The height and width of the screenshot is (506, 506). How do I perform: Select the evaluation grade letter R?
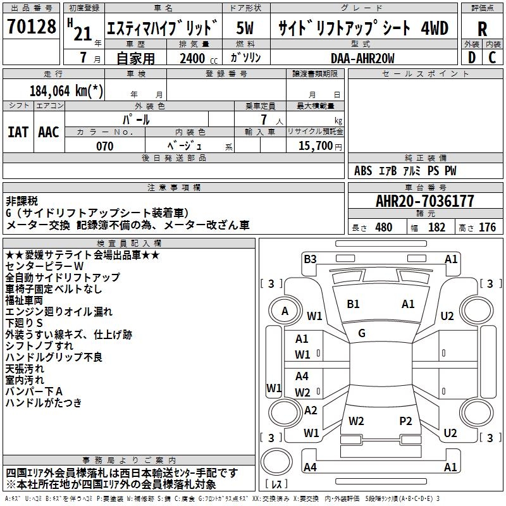482,29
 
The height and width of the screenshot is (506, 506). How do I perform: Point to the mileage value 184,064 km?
66,90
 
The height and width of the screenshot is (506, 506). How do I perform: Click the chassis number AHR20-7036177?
424,202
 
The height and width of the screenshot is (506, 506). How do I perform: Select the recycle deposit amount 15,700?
313,146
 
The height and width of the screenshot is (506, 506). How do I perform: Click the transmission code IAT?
18,132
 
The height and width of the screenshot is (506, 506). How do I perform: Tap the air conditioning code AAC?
48,132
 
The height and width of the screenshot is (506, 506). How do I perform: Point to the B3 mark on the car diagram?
310,259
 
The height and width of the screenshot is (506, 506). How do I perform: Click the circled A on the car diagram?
285,311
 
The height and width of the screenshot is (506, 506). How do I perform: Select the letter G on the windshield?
362,333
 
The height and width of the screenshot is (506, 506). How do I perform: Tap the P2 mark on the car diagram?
405,421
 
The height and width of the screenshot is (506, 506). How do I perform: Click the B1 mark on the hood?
353,304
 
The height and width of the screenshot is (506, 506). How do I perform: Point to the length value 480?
384,228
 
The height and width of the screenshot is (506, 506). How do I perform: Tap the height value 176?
487,228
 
